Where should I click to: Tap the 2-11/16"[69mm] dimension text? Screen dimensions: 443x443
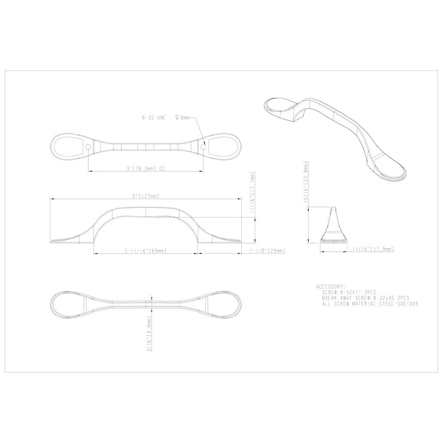146,251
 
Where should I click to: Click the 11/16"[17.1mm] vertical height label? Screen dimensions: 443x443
253,193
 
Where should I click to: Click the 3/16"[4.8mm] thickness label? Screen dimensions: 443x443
150,334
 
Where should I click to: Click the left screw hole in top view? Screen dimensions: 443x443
88,147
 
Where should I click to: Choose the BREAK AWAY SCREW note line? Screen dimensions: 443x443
365,299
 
